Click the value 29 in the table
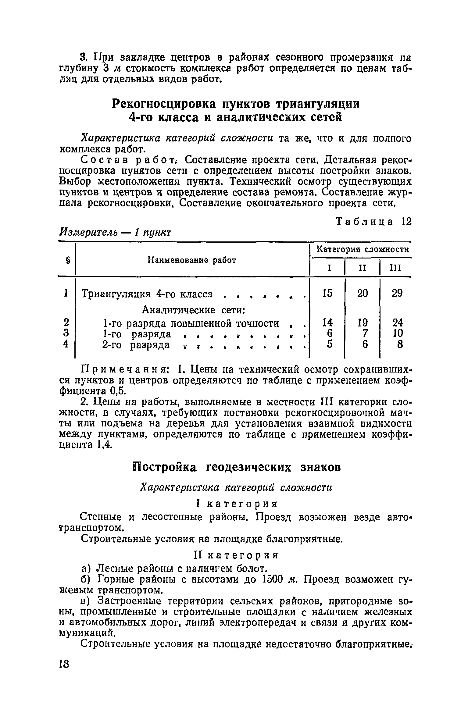397,293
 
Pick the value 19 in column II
362,323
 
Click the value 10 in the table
398,333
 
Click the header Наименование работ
192,260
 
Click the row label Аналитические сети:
194,310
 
